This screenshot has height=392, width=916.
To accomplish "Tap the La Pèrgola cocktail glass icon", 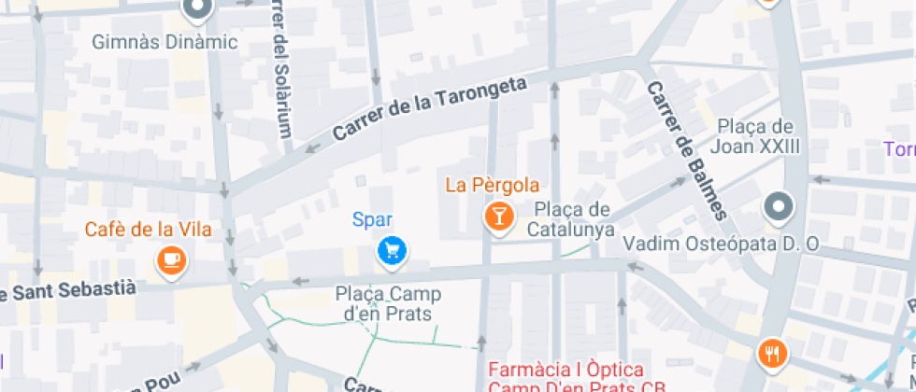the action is point(499,217).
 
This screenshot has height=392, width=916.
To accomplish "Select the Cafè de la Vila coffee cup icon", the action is point(171,259).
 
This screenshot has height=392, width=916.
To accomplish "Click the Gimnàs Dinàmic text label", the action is point(165,43).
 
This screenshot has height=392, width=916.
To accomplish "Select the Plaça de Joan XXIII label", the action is point(755,135).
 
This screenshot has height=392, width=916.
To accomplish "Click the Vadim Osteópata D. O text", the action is point(721,244).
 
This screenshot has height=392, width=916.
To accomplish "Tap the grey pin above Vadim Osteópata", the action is point(777,206).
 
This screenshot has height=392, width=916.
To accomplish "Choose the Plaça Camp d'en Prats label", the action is point(388,303).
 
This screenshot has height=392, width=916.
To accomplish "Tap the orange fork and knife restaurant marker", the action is point(773,353).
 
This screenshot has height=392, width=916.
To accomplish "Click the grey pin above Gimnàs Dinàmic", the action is point(197,9).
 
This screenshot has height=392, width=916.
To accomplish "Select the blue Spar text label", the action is point(371,220).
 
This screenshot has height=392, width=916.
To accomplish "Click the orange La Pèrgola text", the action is point(492,184).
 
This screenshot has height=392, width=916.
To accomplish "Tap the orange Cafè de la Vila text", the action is point(148,230).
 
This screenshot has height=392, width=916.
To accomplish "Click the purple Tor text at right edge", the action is point(899,149).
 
